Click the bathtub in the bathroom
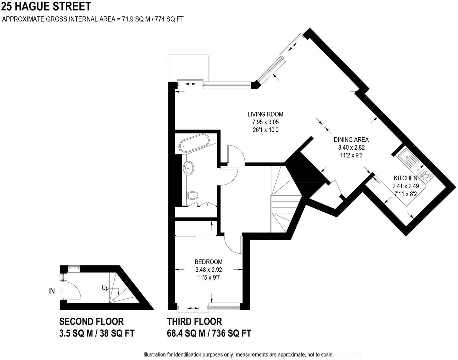point(193,143)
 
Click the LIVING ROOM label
point(265,114)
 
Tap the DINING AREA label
point(351,139)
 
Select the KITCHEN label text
point(405,178)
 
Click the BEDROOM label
point(209,262)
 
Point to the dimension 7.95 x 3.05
point(265,122)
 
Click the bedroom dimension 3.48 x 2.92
point(209,270)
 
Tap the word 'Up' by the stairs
point(105,288)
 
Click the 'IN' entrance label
point(52,291)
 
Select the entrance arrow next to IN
point(60,291)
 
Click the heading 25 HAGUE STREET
point(46,6)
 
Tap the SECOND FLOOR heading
point(91,321)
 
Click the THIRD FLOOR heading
point(194,321)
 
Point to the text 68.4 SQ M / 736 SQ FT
point(209,333)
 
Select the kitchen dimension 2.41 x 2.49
point(405,186)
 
